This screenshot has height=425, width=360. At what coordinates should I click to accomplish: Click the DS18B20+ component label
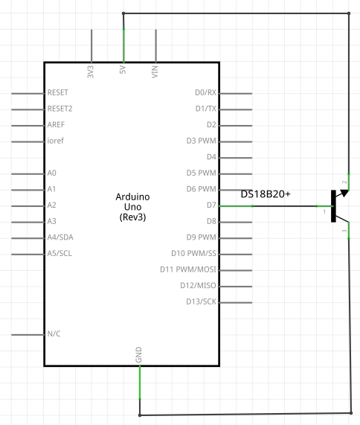(x=266, y=194)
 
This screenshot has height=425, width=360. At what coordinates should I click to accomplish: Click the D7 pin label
(x=211, y=205)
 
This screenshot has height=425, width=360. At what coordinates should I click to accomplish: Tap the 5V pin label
(x=123, y=70)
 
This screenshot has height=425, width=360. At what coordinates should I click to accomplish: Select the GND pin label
(x=138, y=354)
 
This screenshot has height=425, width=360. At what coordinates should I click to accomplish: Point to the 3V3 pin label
(x=91, y=72)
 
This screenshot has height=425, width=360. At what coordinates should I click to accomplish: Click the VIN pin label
(x=155, y=72)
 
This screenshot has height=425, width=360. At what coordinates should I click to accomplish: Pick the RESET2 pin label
(x=60, y=109)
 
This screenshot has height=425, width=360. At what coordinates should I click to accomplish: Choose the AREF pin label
(x=56, y=125)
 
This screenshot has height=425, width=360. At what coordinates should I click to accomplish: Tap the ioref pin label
(x=56, y=141)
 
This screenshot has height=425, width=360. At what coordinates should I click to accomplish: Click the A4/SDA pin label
(x=60, y=237)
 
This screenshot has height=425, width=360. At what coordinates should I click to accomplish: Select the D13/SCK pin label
(x=202, y=301)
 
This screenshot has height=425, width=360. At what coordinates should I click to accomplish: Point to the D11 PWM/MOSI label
(x=188, y=269)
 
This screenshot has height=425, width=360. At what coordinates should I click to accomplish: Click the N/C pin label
(x=54, y=333)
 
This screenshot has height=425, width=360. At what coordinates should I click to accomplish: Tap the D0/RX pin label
(x=205, y=92)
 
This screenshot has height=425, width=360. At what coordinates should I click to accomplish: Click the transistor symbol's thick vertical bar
(x=333, y=206)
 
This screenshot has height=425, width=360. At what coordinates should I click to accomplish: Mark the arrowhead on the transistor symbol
(x=344, y=193)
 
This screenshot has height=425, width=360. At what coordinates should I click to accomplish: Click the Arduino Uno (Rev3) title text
(x=132, y=207)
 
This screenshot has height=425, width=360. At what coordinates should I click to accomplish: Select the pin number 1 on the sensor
(x=324, y=211)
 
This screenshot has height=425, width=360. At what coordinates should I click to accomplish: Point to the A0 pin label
(x=52, y=173)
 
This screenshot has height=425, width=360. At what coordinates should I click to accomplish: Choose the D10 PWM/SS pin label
(x=193, y=253)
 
